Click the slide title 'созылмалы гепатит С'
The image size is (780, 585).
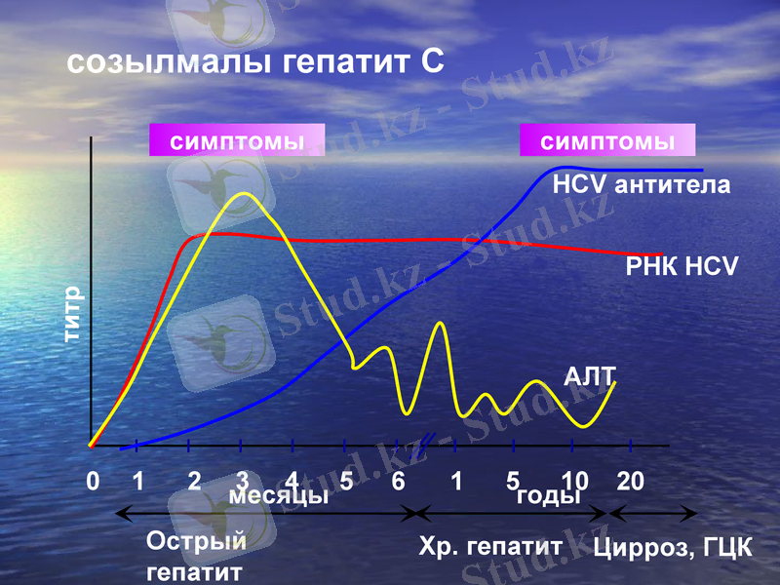tap(255, 62)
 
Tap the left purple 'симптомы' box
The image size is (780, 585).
tap(237, 141)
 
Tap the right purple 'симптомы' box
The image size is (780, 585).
tap(607, 141)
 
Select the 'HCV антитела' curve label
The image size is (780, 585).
tap(641, 185)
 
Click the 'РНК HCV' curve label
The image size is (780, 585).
tap(682, 266)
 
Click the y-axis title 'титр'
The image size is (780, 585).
tap(73, 315)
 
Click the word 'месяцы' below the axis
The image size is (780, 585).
tap(278, 495)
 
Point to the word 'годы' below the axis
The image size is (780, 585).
tap(547, 495)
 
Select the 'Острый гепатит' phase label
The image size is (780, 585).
tap(196, 555)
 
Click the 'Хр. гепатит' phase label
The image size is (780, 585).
tap(489, 546)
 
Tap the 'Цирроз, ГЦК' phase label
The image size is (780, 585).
tap(673, 546)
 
